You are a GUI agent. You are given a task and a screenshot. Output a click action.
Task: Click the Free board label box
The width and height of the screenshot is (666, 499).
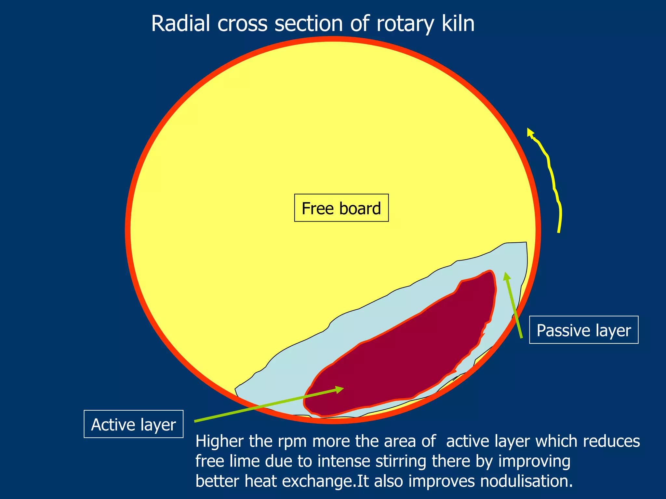click(x=341, y=208)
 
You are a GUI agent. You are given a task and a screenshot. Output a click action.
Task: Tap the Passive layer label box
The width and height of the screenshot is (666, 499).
click(x=583, y=330)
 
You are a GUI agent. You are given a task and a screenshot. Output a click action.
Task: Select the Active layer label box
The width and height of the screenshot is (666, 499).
click(x=133, y=424)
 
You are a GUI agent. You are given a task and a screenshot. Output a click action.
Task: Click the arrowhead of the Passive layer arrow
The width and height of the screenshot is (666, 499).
click(x=506, y=276)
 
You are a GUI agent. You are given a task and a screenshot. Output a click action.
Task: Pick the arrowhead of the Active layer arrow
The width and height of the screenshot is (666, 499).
click(x=340, y=389)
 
